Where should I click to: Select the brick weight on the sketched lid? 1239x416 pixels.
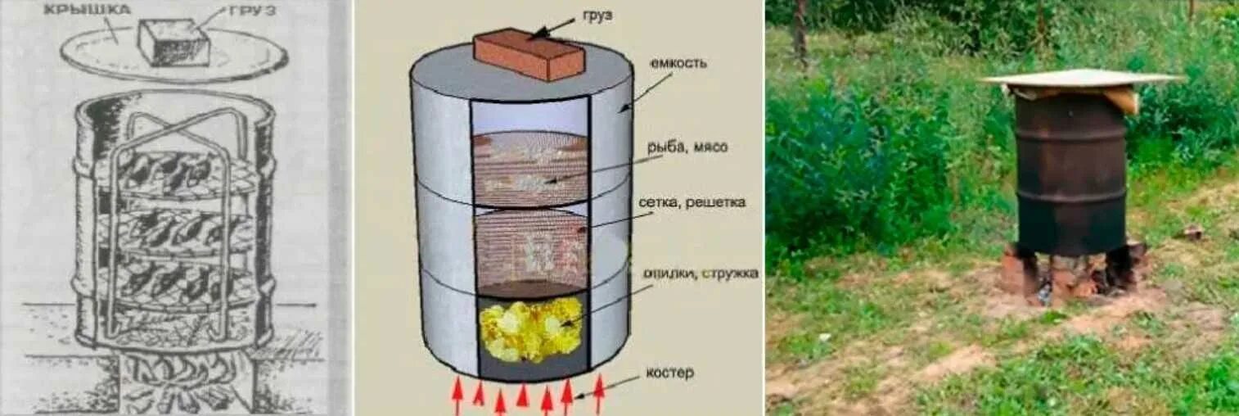coord(173,43)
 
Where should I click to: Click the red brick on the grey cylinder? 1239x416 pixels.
coord(530,54)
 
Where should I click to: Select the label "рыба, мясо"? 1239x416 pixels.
coord(687,147)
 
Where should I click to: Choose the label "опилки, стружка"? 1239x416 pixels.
coord(700,272)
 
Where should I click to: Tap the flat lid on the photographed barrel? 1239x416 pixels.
coord(1080,79)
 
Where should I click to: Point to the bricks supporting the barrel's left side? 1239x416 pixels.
coord(1020,271)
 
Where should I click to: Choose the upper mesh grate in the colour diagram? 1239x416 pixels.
coord(529,168)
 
